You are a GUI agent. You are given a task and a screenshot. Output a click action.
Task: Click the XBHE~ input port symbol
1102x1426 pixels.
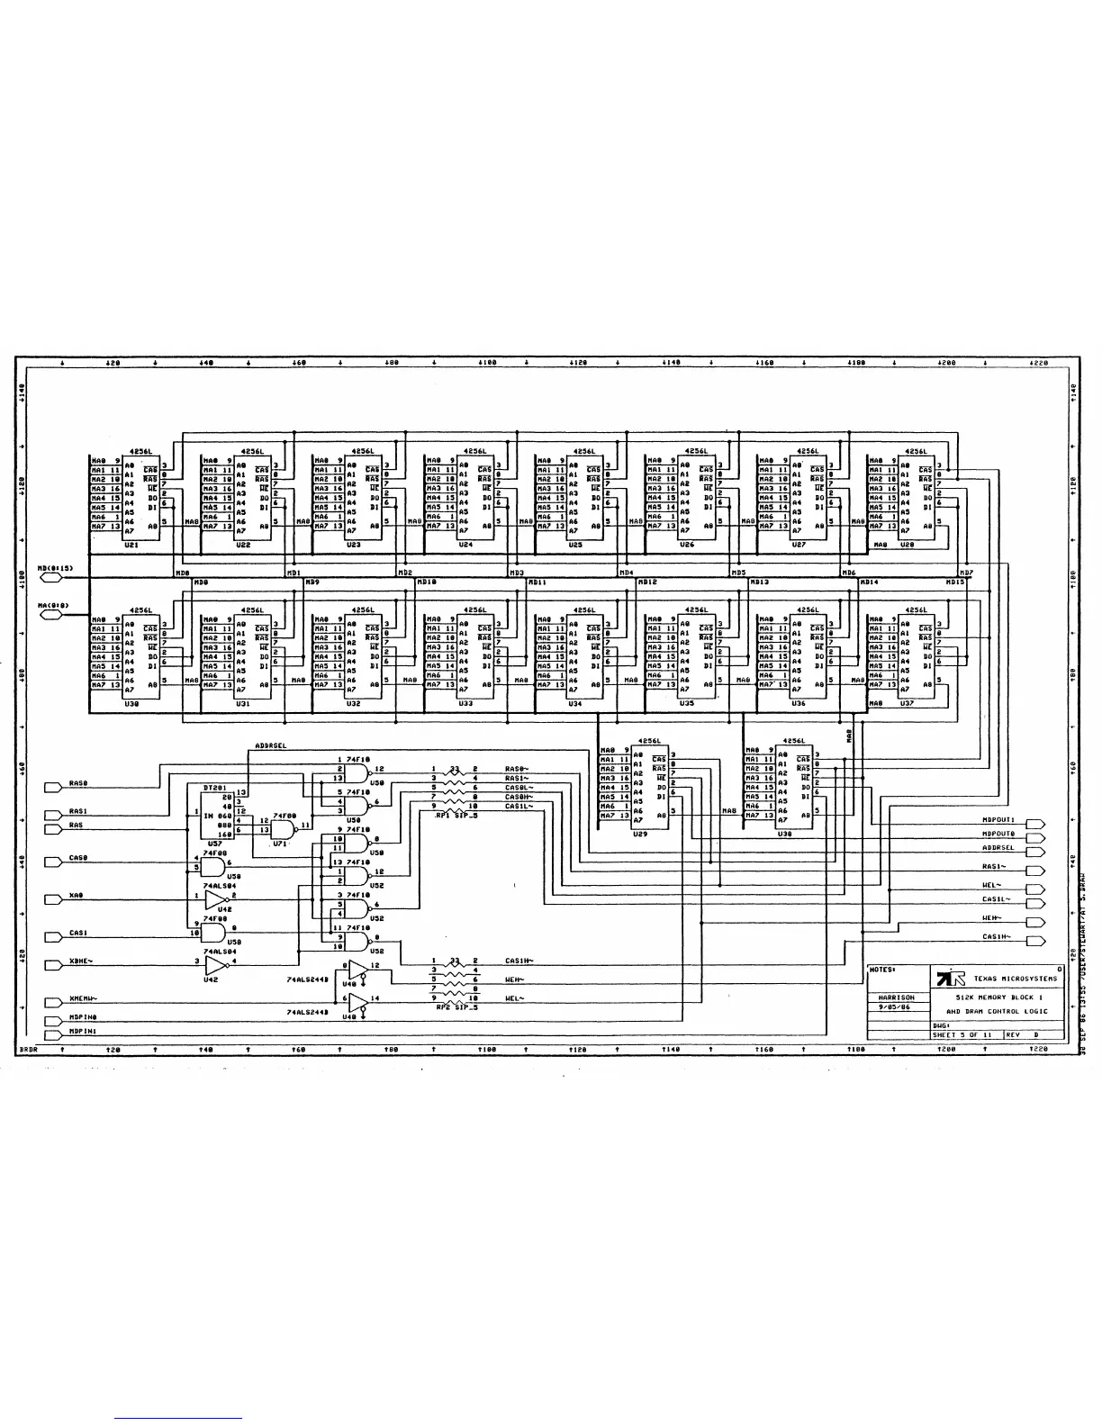[53, 962]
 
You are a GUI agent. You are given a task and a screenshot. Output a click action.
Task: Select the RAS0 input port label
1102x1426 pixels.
[78, 784]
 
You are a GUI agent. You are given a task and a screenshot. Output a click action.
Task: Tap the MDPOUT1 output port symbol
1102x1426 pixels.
[1034, 821]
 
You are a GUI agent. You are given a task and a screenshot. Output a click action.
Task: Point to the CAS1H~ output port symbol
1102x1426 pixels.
[1034, 938]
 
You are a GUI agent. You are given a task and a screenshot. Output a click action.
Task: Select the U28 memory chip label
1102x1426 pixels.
[907, 545]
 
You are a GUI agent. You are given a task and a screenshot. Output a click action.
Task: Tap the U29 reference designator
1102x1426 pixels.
[640, 834]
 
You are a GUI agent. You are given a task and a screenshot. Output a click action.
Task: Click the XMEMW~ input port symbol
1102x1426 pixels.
[53, 999]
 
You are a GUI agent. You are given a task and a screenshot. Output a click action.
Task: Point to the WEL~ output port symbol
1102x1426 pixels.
[1034, 886]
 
